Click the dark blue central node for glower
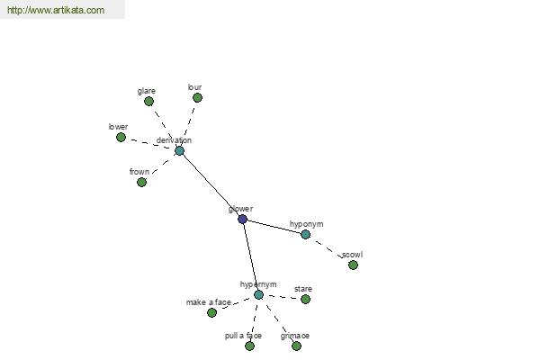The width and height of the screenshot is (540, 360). point(242,219)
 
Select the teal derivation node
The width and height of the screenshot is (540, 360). point(179,150)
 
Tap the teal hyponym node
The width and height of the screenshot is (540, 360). point(305,234)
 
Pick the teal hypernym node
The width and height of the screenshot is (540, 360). point(258,294)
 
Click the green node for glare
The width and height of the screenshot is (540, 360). point(148,102)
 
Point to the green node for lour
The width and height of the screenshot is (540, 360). point(197,98)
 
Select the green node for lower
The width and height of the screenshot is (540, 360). point(121,137)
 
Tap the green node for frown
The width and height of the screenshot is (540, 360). point(141,182)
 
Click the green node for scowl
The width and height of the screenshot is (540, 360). point(353,265)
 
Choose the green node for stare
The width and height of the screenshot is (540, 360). point(305,299)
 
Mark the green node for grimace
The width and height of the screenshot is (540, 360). point(296,346)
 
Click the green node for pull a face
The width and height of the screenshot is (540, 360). point(249,346)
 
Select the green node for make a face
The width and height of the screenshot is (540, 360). point(211,312)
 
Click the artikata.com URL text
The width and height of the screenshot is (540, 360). point(56,10)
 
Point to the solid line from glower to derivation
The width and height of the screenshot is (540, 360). point(211,185)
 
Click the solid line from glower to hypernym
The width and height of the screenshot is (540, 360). point(251,257)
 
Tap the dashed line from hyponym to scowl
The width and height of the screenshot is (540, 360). point(329,250)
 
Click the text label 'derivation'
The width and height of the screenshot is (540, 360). point(174,140)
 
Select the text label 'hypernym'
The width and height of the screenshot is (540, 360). point(258,284)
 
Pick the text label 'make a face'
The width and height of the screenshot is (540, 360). point(209,302)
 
